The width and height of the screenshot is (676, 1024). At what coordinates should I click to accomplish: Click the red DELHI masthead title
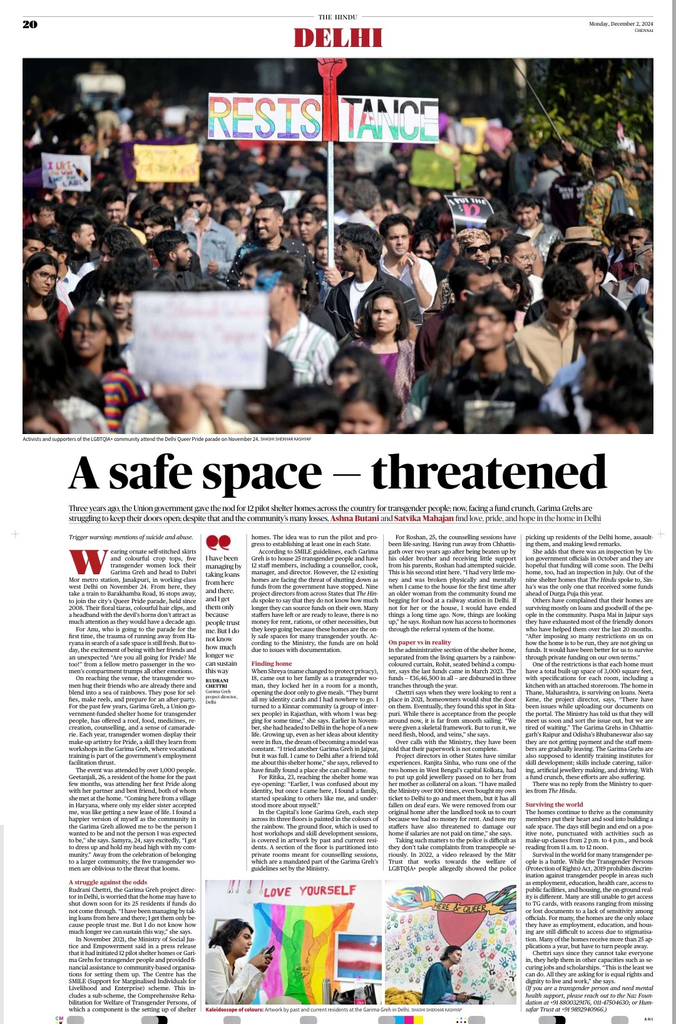(338, 38)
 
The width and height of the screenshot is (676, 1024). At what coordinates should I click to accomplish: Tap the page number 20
(30, 24)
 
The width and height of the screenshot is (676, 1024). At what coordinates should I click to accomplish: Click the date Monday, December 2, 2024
(620, 24)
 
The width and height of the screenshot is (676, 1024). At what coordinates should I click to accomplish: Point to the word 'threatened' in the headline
(489, 472)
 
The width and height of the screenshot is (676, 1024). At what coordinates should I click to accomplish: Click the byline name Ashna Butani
(354, 518)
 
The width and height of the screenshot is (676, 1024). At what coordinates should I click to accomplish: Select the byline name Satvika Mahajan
(423, 518)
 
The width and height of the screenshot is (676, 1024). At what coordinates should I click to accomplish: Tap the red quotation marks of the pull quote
(218, 542)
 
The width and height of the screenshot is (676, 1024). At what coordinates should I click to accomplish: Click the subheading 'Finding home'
(272, 663)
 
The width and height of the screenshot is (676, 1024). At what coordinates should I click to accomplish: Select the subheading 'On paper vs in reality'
(419, 642)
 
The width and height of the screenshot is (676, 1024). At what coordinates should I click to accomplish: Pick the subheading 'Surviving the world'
(554, 804)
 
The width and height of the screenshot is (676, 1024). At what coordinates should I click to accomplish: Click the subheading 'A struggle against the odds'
(108, 882)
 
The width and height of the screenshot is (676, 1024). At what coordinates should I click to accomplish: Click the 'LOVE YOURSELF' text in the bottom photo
(309, 891)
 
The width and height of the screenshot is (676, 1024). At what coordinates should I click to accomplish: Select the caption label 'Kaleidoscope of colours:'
(234, 1010)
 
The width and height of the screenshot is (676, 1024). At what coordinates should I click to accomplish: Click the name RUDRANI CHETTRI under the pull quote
(217, 683)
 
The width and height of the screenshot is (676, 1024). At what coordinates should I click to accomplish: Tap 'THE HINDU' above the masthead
(338, 17)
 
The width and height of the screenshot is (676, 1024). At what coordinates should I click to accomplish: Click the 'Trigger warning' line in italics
(131, 537)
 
